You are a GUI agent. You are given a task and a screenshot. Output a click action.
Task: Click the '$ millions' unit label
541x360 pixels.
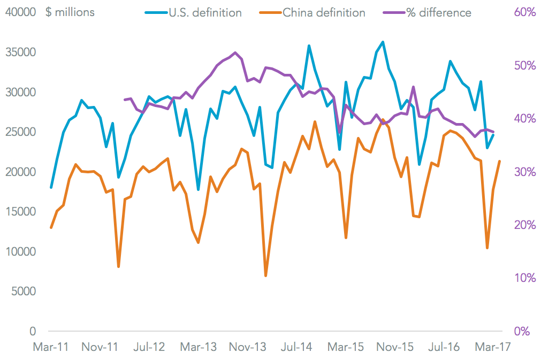click(71, 12)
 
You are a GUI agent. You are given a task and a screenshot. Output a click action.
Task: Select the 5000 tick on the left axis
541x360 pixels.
click(25, 292)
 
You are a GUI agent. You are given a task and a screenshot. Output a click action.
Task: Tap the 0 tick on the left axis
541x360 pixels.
click(32, 332)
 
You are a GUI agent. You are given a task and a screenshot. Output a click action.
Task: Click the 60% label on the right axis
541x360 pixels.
click(524, 12)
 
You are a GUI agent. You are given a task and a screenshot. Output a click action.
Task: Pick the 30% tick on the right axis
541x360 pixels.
click(524, 172)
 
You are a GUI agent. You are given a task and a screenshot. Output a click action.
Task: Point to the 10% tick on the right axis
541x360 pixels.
click(524, 278)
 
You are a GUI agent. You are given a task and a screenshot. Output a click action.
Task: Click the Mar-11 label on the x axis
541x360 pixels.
click(50, 347)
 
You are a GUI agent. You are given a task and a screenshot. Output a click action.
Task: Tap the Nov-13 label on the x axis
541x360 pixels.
click(248, 347)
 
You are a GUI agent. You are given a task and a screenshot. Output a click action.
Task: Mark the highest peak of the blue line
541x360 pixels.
click(383, 42)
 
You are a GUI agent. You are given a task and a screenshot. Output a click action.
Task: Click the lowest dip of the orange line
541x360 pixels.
click(266, 276)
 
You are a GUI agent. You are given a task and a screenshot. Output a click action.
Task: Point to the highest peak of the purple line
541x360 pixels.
click(235, 52)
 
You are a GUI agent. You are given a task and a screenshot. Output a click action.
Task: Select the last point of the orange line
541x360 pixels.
click(500, 161)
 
